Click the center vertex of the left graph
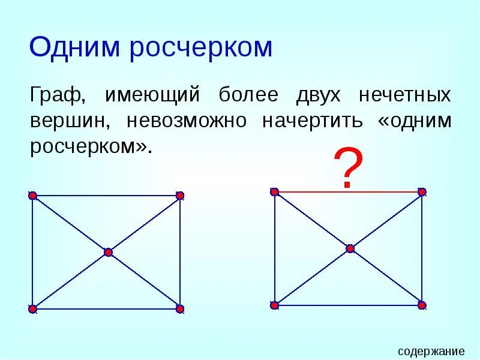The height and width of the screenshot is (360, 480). (x=108, y=253)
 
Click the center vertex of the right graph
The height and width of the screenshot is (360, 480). (x=350, y=248)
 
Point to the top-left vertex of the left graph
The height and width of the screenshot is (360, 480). (x=32, y=196)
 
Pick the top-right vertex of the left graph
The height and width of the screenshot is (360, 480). (x=179, y=196)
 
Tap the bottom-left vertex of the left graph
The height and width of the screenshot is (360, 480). (x=32, y=309)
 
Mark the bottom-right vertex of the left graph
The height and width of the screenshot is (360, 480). (x=179, y=309)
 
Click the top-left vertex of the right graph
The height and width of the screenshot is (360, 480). (x=275, y=192)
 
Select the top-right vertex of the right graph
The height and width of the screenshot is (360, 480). (x=422, y=192)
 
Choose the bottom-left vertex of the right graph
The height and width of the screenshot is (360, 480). (x=275, y=305)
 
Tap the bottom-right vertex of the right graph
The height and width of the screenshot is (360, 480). (x=422, y=305)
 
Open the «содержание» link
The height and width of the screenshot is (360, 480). (x=431, y=351)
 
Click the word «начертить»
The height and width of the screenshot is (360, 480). (x=312, y=121)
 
